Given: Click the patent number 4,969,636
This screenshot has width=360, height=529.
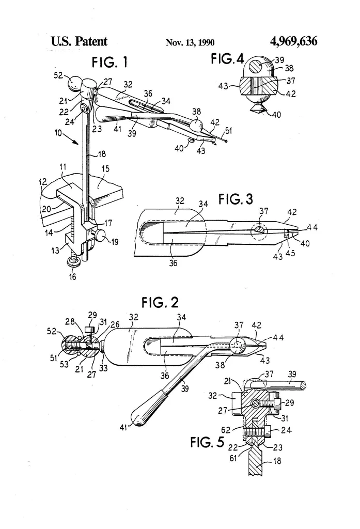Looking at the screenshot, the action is coord(293,41).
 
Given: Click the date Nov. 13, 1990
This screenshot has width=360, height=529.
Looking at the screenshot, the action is coord(190,42).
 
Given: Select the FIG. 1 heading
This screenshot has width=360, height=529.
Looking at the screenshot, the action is coord(110,62).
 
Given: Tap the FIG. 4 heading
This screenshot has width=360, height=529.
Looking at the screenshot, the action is coord(227,59).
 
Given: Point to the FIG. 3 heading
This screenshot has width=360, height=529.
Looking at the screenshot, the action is coord(236,199).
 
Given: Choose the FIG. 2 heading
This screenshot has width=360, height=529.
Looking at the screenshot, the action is coord(160,302).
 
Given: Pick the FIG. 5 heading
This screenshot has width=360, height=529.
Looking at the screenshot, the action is coord(207,442).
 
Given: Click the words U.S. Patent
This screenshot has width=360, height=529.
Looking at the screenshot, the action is coord(79,41).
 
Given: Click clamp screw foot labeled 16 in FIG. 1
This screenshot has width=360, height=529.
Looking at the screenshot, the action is coord(72,261).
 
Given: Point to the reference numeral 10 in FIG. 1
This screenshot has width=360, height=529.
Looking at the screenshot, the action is coord(58,133).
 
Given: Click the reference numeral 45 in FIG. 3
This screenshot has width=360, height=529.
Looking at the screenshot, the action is coord(290,253).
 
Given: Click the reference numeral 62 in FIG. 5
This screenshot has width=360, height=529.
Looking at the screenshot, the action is coord(226,430).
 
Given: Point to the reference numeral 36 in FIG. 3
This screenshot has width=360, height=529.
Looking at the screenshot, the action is coord(173,262).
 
